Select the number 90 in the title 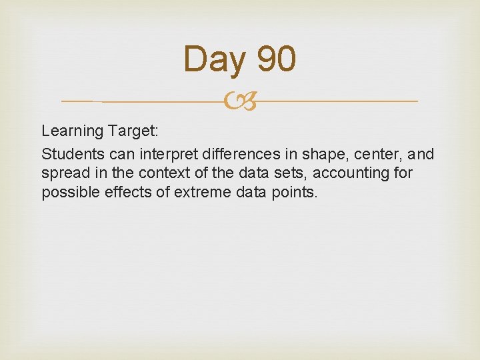[275, 59]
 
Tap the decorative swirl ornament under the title [240, 102]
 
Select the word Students [69, 155]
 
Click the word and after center [422, 155]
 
